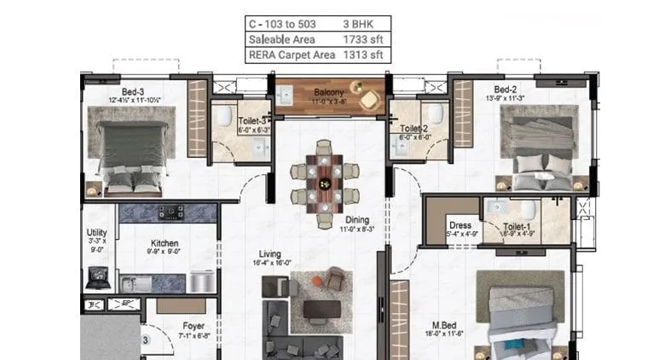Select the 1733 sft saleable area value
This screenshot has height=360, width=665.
click(x=362, y=40)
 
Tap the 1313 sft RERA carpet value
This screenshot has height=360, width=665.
click(x=362, y=55)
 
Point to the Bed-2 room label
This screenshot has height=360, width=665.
click(x=506, y=89)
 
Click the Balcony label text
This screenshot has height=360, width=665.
click(x=329, y=91)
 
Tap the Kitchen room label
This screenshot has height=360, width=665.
click(x=165, y=242)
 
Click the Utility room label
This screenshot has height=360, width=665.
click(x=97, y=232)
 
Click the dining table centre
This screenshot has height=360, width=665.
click(x=324, y=183)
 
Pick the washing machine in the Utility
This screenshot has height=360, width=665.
click(x=98, y=277)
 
